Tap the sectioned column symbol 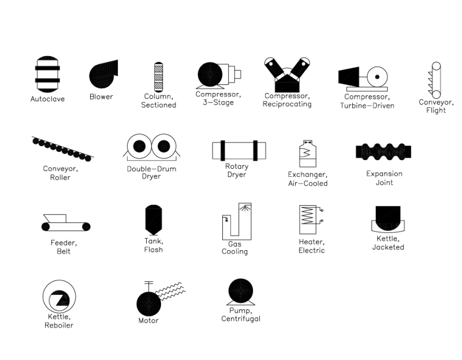tap(158, 76)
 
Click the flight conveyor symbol tap(435, 80)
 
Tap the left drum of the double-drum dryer tap(139, 146)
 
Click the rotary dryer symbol tap(239, 150)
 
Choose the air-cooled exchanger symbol tap(307, 154)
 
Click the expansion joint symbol tap(383, 152)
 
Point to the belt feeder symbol tap(66, 224)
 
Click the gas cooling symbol tap(237, 222)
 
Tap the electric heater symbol tap(309, 220)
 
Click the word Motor tap(148, 321)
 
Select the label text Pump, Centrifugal tap(241, 315)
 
